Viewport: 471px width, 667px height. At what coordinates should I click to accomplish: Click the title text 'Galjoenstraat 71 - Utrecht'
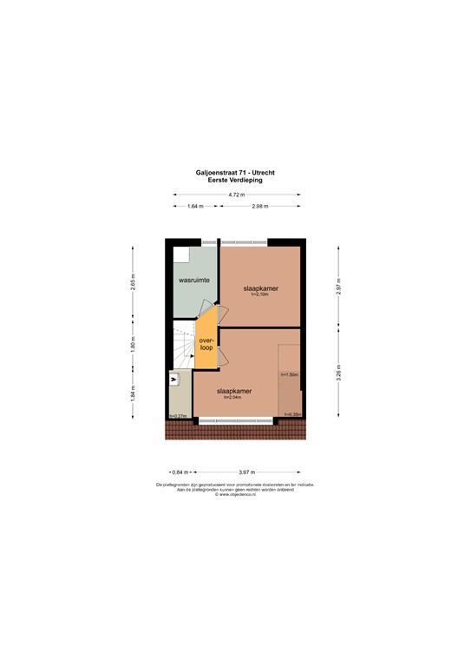click(235, 172)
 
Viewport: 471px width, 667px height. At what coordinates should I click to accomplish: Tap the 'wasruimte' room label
click(194, 281)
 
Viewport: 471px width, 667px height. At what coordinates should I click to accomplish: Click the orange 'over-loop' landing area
click(206, 344)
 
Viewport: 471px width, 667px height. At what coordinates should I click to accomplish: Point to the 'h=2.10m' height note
click(261, 295)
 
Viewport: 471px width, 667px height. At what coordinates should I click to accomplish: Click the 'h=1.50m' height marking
click(289, 374)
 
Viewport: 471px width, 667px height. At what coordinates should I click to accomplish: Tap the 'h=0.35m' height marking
click(292, 415)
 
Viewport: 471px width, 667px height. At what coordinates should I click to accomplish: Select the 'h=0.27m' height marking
click(179, 416)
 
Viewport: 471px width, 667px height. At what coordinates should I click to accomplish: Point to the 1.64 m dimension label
click(195, 206)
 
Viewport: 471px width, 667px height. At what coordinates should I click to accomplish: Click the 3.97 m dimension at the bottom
click(247, 472)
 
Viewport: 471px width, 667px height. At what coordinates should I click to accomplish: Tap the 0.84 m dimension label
click(181, 472)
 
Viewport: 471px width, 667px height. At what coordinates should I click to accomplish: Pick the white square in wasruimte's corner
click(180, 254)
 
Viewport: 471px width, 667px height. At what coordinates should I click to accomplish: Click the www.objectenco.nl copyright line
click(235, 495)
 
